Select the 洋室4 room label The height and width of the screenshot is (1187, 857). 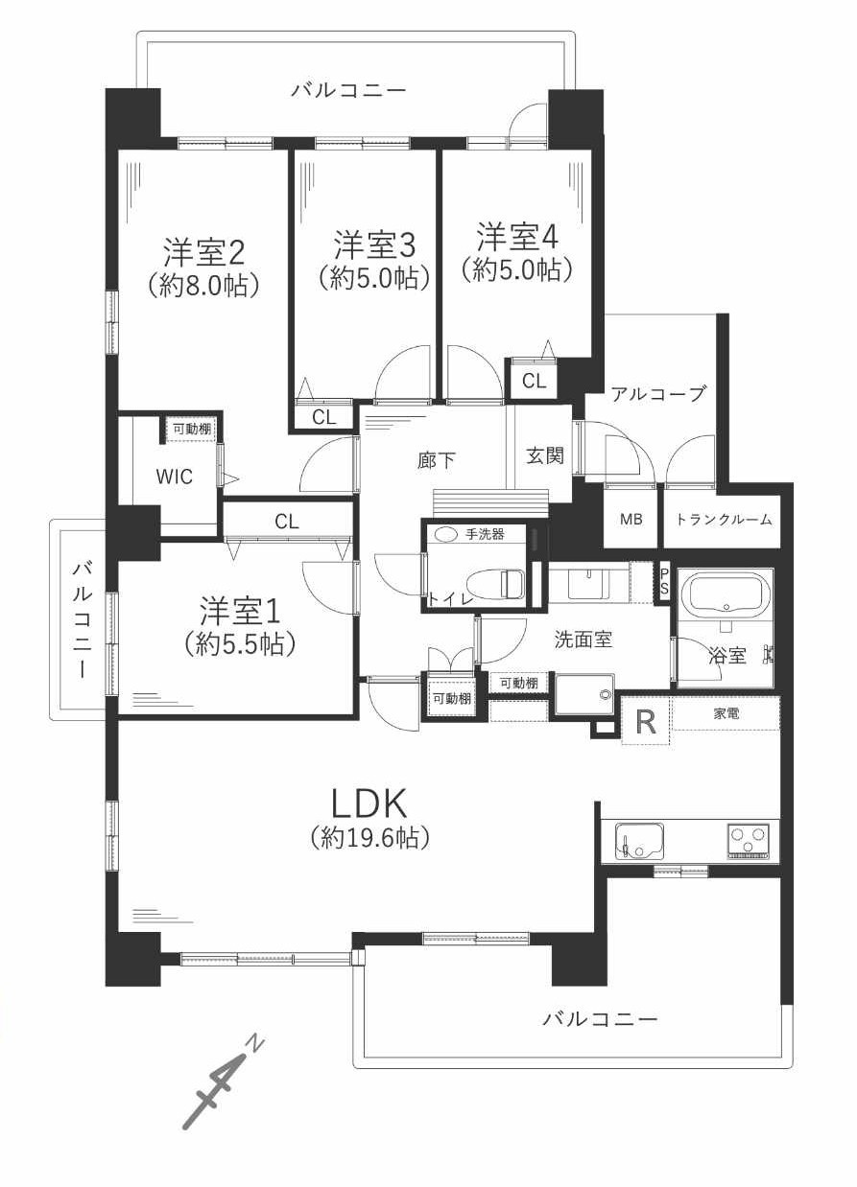(x=517, y=236)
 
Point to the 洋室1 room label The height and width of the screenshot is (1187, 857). (x=239, y=611)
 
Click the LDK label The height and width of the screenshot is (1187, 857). (x=370, y=802)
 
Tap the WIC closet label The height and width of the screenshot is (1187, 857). (x=174, y=476)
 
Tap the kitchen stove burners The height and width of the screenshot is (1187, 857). (x=750, y=841)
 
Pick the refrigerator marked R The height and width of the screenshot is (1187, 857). (x=646, y=721)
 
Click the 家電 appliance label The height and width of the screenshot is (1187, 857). (x=726, y=713)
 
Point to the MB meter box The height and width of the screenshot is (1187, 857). (x=631, y=520)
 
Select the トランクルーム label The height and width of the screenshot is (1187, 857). (x=724, y=520)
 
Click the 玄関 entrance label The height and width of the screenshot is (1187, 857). (x=545, y=455)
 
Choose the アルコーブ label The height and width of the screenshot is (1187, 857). (x=658, y=394)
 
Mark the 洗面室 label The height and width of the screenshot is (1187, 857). (x=583, y=639)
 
